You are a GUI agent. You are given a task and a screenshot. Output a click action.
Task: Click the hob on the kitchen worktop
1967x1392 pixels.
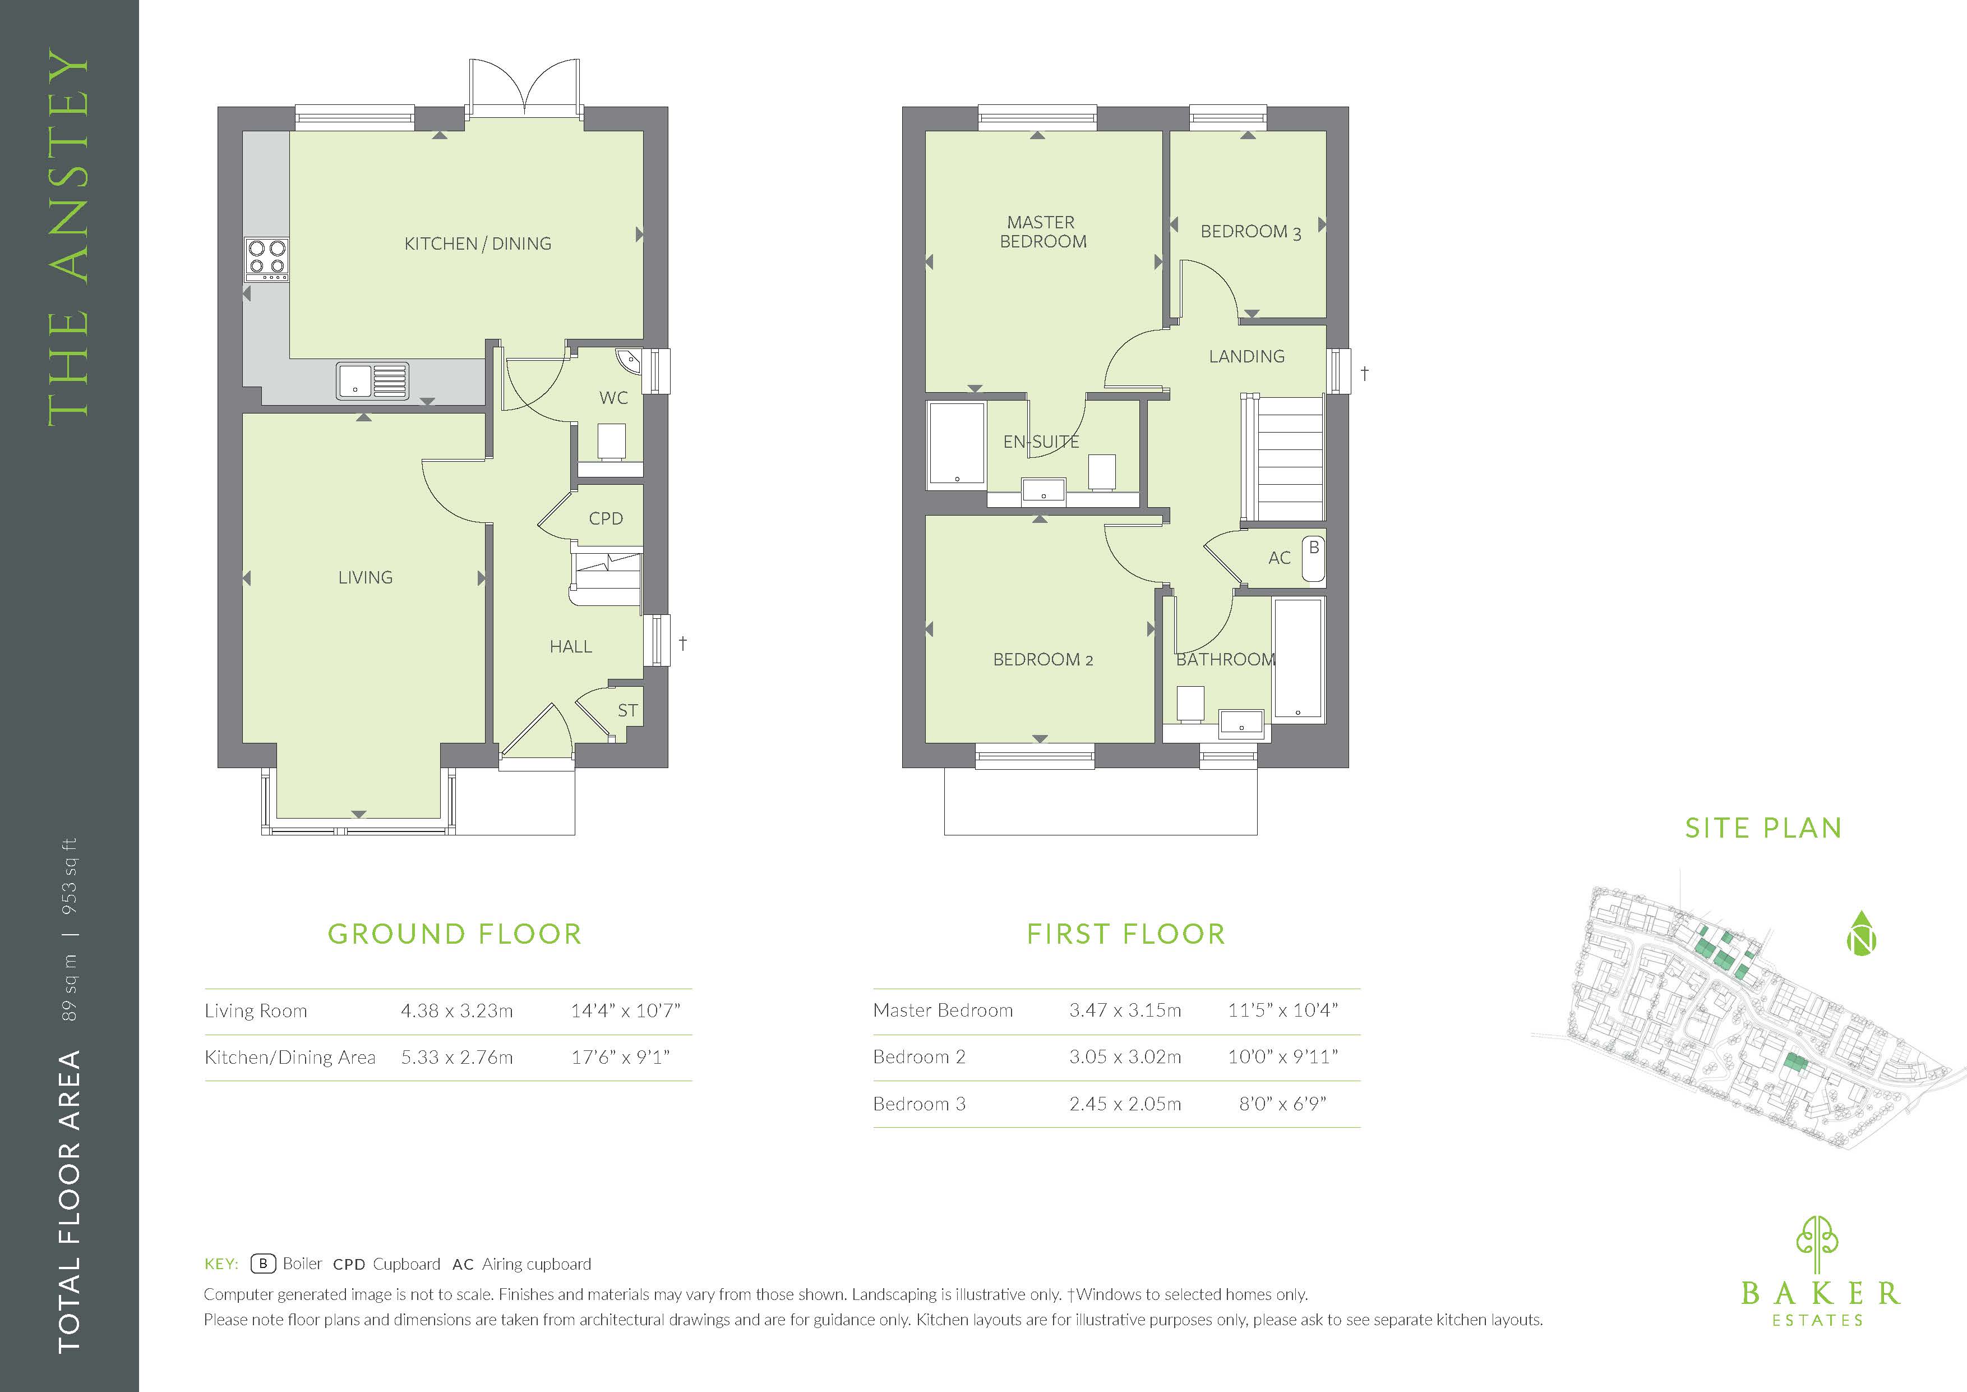(266, 260)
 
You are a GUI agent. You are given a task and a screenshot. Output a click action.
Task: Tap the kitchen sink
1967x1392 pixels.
(373, 380)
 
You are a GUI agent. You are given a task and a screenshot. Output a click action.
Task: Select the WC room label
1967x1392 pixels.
(613, 398)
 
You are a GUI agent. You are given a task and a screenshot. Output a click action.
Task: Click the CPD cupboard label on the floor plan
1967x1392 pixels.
(606, 518)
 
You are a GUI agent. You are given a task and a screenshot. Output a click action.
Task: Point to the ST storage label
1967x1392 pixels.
(627, 710)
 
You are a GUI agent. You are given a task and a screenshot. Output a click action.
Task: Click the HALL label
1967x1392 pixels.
(571, 647)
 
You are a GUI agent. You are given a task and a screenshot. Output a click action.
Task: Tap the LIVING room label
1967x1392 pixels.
(365, 578)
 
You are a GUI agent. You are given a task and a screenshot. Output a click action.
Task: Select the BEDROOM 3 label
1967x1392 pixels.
(1250, 231)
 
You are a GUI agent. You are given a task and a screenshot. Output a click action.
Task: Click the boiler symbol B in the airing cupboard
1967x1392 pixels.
(1313, 548)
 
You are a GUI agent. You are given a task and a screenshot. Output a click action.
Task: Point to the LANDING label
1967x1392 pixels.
(1246, 357)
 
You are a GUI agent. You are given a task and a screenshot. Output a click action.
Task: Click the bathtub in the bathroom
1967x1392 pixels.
(1299, 658)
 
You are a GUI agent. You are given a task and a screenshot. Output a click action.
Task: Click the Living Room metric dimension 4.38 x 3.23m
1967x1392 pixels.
(456, 1010)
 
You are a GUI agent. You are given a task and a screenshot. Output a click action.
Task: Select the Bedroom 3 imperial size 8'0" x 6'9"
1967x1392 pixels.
(1282, 1104)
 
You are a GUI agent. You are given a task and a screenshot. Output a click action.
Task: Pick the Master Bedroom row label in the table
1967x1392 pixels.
(943, 1010)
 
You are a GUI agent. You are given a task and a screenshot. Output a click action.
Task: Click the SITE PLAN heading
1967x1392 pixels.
(1763, 828)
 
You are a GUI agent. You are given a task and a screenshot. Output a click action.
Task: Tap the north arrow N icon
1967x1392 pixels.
(1861, 934)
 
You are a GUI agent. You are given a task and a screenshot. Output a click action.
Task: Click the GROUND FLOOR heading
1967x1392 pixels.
(455, 934)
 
